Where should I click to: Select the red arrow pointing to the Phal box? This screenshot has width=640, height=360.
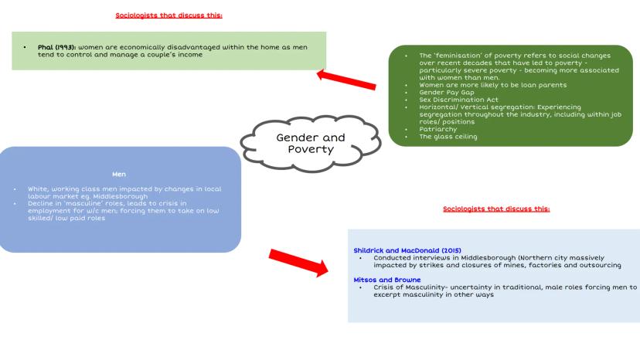(x=346, y=79)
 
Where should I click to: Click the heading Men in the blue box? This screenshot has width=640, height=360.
(x=120, y=175)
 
